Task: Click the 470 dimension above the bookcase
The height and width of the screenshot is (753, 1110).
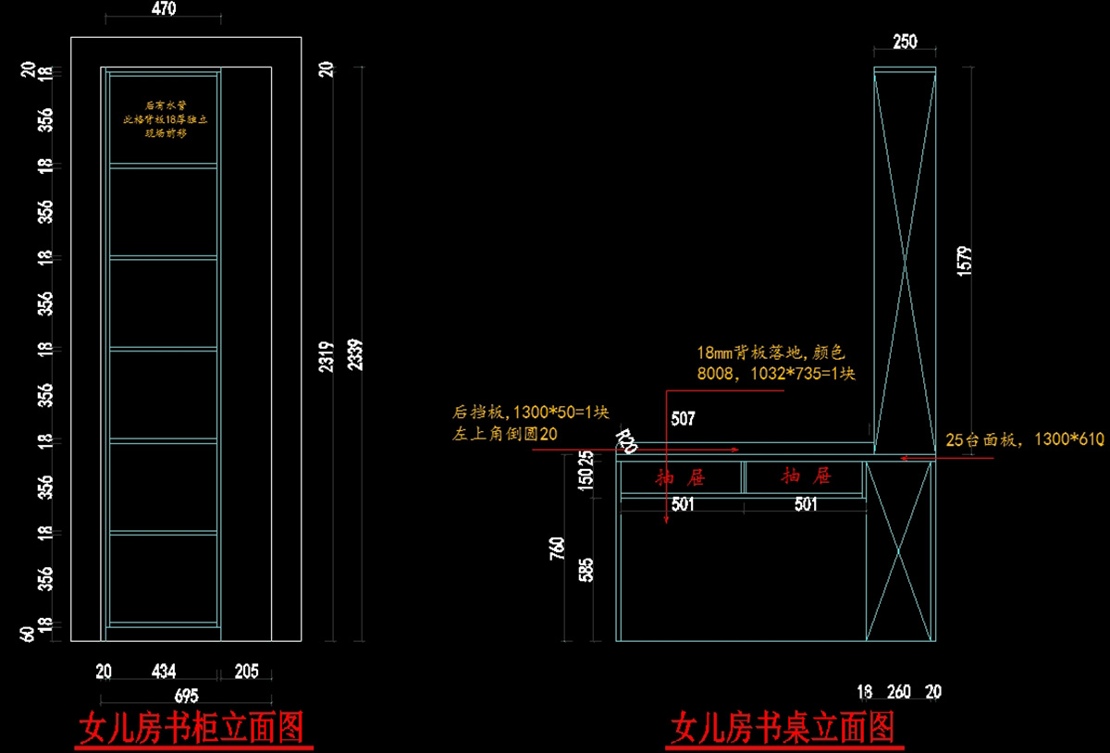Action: coord(163,8)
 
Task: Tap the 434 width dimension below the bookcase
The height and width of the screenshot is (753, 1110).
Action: coord(164,670)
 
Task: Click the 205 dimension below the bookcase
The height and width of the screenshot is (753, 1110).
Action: coord(246,670)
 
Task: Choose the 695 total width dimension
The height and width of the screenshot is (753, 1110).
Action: coord(187,695)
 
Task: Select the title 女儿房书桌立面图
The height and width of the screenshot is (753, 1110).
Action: coord(783,729)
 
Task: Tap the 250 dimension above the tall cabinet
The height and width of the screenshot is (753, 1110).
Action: coord(905,42)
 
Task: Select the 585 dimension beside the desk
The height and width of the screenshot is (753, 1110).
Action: coord(586,569)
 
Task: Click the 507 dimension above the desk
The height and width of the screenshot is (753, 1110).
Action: coord(683,419)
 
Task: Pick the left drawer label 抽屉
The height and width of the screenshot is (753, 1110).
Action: coord(681,477)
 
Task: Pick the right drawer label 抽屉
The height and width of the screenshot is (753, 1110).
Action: coord(806,477)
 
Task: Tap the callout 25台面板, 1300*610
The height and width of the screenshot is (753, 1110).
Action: coord(1024,440)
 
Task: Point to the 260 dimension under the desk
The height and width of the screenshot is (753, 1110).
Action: coord(898,691)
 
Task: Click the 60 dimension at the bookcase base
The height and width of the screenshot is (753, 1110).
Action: coord(28,634)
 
